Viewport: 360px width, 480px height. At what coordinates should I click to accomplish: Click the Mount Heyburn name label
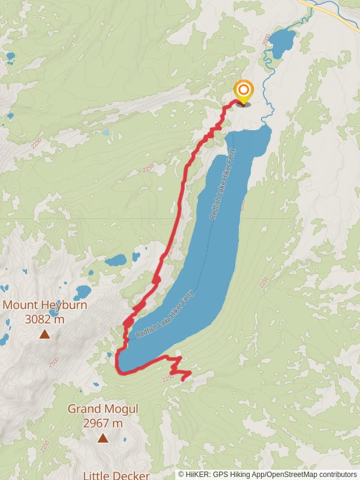44,305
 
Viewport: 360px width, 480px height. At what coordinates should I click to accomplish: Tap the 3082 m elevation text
44,319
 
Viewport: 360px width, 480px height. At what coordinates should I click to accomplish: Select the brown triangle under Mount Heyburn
44,334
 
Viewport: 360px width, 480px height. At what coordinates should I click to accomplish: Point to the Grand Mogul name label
103,409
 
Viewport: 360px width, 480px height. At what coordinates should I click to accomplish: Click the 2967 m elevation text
103,424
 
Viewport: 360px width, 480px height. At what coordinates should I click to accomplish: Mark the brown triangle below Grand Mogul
103,439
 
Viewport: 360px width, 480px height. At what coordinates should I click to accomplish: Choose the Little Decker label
116,475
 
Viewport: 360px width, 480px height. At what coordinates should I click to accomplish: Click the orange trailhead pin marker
244,92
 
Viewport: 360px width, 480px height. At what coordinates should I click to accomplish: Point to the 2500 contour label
53,362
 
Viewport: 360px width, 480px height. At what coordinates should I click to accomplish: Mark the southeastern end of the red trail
182,380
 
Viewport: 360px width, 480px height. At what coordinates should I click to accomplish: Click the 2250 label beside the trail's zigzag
167,378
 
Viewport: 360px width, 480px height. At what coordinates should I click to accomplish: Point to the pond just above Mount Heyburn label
83,292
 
